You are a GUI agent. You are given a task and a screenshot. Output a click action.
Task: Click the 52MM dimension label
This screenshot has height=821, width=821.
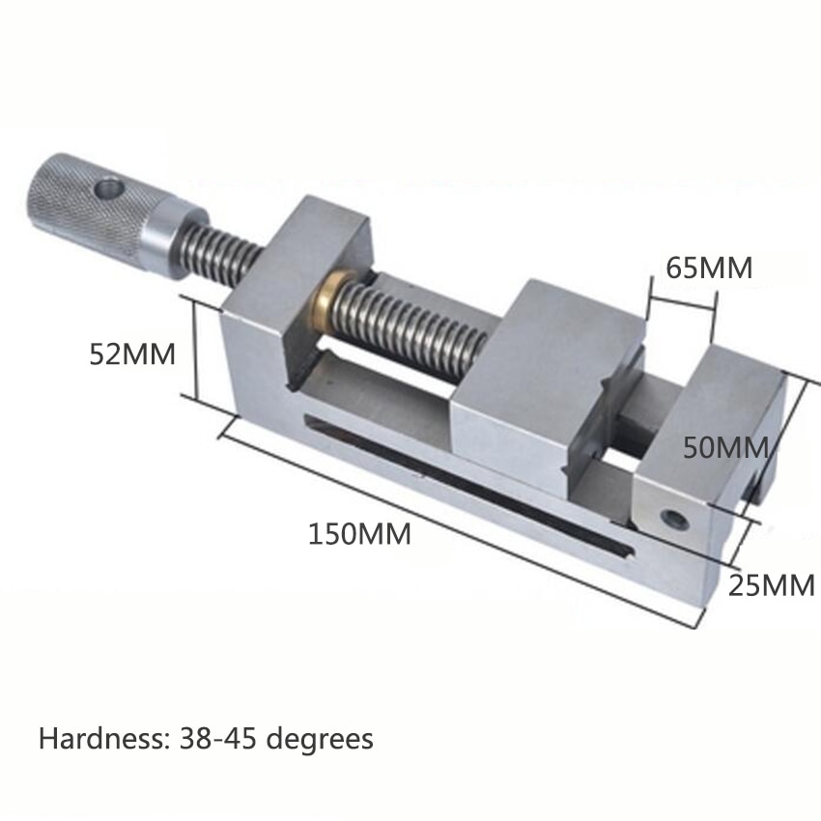(x=132, y=354)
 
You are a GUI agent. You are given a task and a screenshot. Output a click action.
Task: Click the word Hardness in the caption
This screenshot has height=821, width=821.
(x=104, y=740)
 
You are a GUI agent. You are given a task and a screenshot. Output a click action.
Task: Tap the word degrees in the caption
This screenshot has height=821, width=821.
(x=326, y=740)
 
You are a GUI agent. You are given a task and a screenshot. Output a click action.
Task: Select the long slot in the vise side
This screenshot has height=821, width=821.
(x=464, y=478)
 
